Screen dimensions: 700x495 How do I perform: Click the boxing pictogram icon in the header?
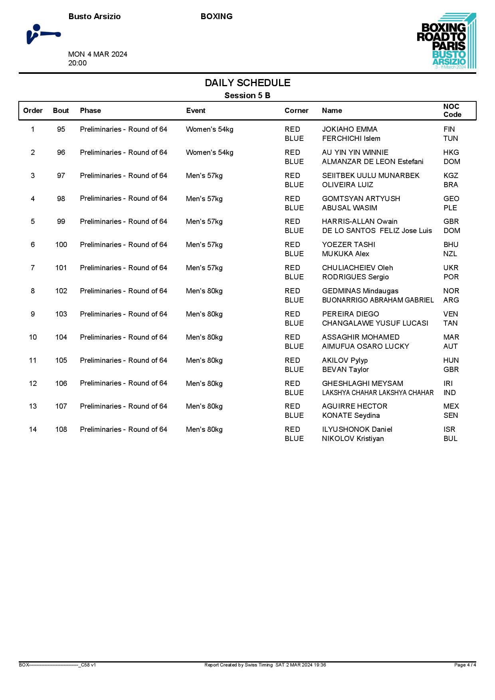(x=43, y=34)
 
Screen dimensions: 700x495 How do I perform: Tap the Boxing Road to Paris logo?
(x=446, y=41)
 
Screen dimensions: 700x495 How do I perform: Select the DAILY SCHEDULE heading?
(x=247, y=83)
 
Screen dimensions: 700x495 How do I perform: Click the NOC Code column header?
(x=452, y=111)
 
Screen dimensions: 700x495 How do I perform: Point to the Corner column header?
(x=296, y=111)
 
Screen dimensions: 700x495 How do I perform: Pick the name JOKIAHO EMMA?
(x=349, y=129)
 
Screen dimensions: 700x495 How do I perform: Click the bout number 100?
(x=61, y=245)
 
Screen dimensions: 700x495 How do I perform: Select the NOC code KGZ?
(x=451, y=176)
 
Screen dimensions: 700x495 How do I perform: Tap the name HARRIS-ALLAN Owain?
(x=359, y=221)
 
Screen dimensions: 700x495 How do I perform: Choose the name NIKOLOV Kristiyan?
(x=352, y=439)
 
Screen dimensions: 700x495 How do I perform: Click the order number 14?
(x=33, y=429)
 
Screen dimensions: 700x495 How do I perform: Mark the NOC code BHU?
(x=451, y=245)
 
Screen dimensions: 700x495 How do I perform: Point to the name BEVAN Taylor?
(x=345, y=370)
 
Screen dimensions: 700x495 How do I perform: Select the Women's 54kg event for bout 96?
(x=210, y=152)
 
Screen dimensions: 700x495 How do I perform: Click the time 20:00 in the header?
(x=77, y=63)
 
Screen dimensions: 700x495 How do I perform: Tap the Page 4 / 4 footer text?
(x=465, y=665)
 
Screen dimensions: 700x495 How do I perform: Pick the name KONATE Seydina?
(x=350, y=415)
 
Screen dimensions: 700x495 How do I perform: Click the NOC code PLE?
(x=450, y=208)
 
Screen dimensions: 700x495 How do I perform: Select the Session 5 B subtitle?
(x=247, y=95)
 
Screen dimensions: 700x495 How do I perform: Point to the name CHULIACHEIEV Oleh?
(x=357, y=268)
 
